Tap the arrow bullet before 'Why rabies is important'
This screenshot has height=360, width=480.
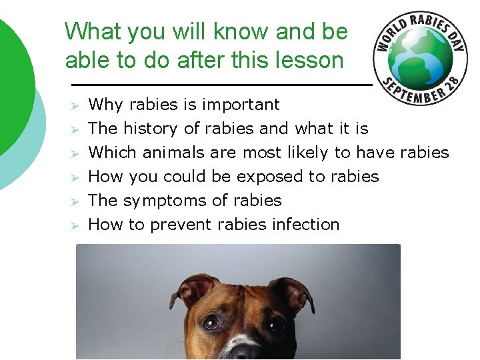tap(76, 105)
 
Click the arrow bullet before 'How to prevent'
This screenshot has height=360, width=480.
tap(76, 225)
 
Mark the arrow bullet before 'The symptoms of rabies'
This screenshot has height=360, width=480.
tap(76, 201)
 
